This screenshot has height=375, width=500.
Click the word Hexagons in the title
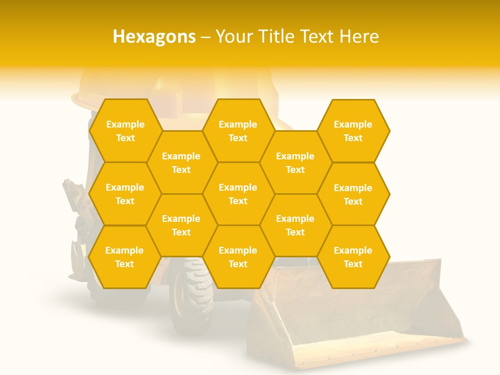click(x=154, y=36)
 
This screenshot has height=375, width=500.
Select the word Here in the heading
click(x=359, y=36)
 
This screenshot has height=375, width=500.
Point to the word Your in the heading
click(x=234, y=36)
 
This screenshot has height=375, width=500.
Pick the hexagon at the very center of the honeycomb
click(x=238, y=194)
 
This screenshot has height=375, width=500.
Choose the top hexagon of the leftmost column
click(x=125, y=131)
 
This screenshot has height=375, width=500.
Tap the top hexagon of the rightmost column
click(x=353, y=131)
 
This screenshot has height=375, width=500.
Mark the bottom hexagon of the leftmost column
click(x=124, y=257)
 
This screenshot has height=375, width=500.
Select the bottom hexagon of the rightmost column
click(x=353, y=257)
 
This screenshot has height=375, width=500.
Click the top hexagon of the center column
click(x=238, y=131)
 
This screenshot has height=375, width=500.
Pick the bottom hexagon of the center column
click(x=238, y=257)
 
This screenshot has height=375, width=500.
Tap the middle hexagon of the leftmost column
click(x=125, y=194)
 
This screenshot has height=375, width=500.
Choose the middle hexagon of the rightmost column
click(x=353, y=194)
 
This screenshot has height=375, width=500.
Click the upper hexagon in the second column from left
click(x=181, y=162)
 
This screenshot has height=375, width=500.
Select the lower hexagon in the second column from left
click(x=181, y=225)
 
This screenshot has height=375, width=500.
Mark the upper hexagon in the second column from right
click(x=295, y=162)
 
